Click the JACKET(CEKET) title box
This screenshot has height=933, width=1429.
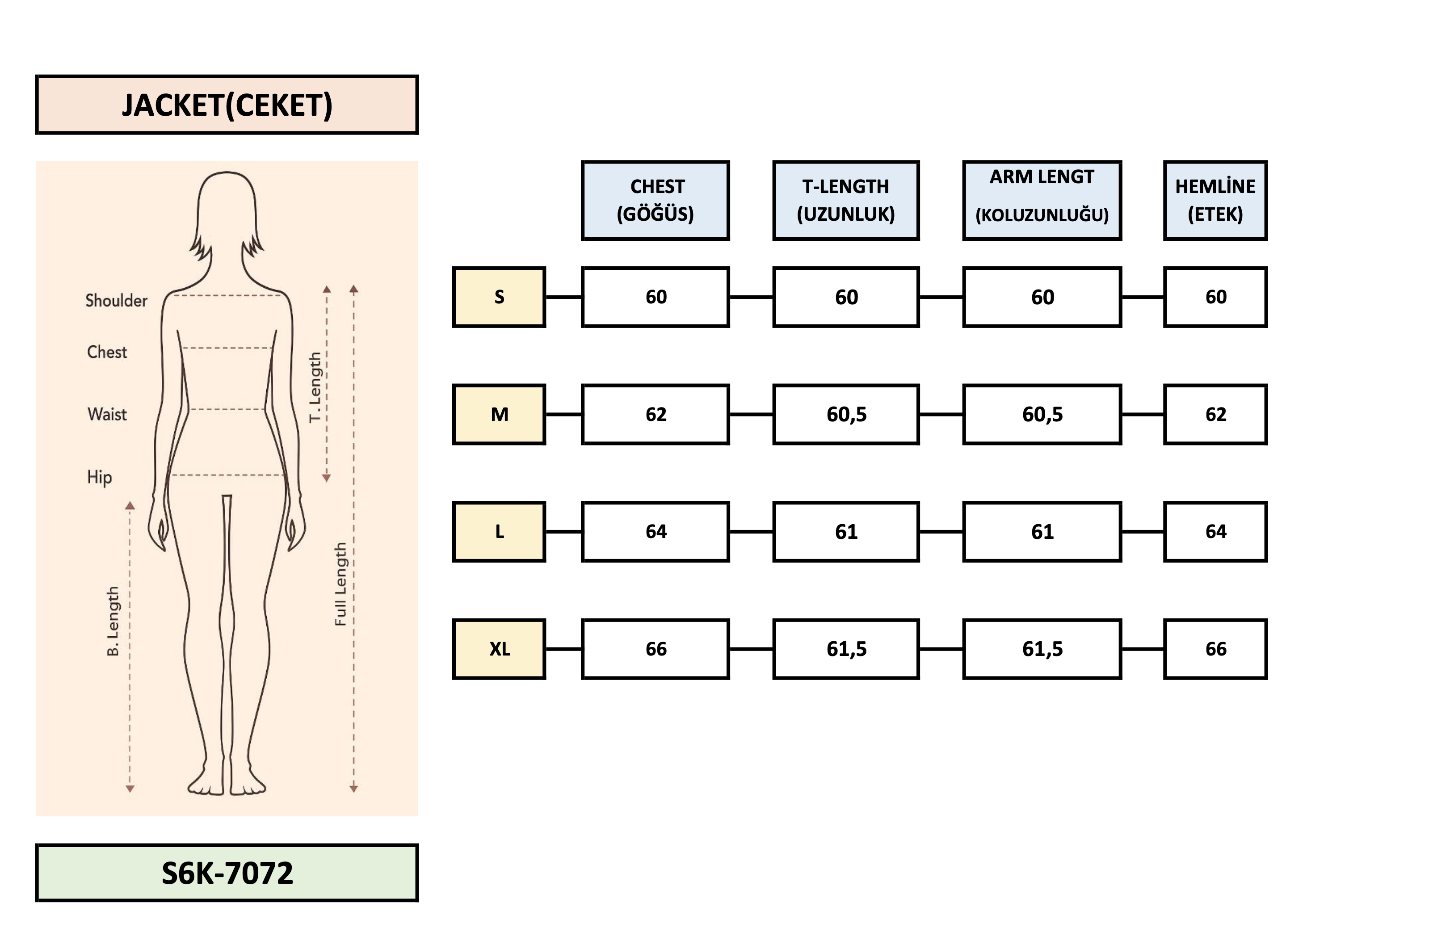tap(227, 105)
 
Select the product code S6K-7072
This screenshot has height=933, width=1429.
tap(227, 873)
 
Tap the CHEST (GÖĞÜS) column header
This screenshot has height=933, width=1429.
tap(655, 201)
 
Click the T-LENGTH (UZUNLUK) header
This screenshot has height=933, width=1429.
tap(845, 201)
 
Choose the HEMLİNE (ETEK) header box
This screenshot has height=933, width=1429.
tap(1215, 201)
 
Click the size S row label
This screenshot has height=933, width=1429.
tap(499, 297)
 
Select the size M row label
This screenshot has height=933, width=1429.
tap(499, 414)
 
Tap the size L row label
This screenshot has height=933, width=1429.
tap(499, 531)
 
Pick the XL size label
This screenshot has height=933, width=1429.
tap(499, 649)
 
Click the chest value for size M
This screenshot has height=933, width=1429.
tap(655, 414)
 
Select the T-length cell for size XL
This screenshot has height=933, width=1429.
tap(845, 649)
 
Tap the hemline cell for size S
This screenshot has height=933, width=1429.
tap(1215, 297)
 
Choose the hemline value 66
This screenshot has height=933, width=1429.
tap(1215, 649)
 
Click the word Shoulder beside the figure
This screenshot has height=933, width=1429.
tap(116, 300)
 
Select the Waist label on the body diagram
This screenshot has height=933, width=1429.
tap(107, 414)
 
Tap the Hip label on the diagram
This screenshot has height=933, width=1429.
tap(99, 477)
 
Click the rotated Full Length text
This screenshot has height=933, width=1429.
tap(340, 584)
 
